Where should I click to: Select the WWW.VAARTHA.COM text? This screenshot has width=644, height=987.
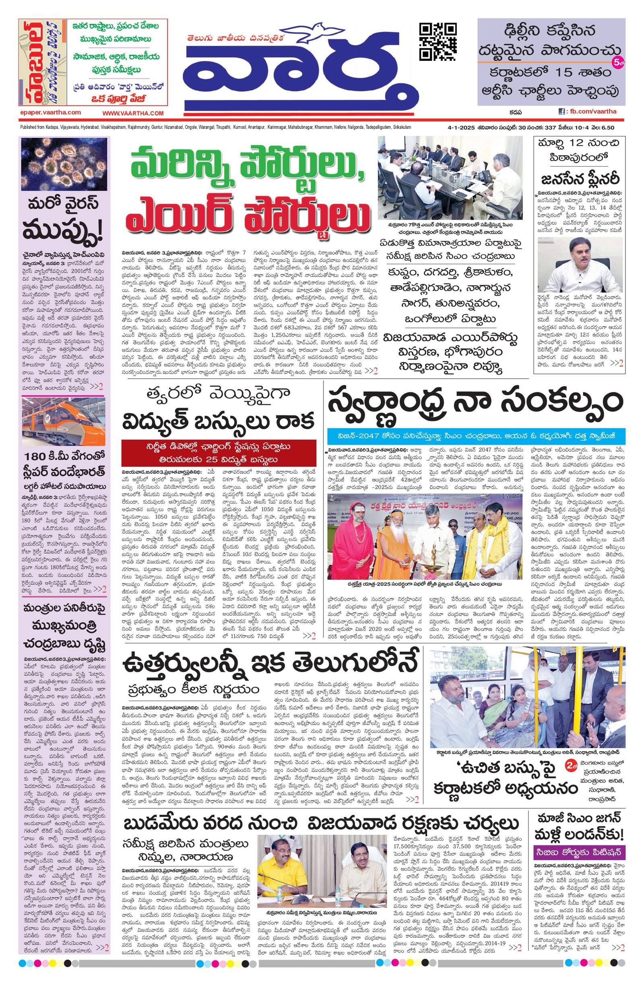[x=133, y=113]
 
